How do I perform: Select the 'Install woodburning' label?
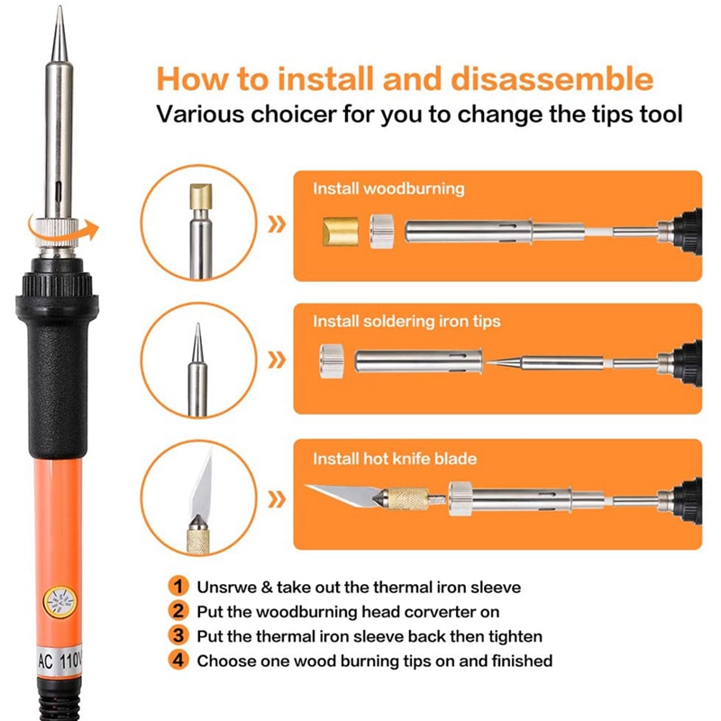[388, 189]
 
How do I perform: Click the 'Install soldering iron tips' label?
[406, 321]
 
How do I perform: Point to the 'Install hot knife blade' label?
[395, 459]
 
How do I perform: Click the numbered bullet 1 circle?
[179, 587]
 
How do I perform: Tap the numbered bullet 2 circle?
[179, 611]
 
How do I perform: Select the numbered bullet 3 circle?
[179, 635]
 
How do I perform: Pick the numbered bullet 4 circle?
[179, 660]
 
